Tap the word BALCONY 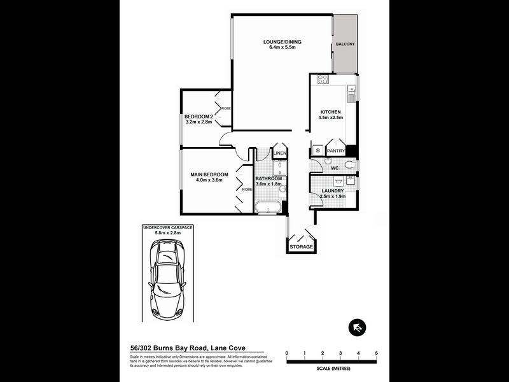coord(345,44)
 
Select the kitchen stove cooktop coord(323,80)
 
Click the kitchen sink coord(351,96)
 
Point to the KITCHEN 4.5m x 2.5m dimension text coord(331,118)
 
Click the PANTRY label coord(335,151)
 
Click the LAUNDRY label coord(333,190)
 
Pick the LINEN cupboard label coord(280,154)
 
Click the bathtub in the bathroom coord(272,208)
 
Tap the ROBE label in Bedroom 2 coord(226,108)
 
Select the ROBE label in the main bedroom coord(246,189)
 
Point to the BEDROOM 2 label coord(198,117)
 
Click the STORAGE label coord(301,246)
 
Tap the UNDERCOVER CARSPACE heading coord(168,227)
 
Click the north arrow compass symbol coord(357,328)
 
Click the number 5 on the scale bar coord(377,353)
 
